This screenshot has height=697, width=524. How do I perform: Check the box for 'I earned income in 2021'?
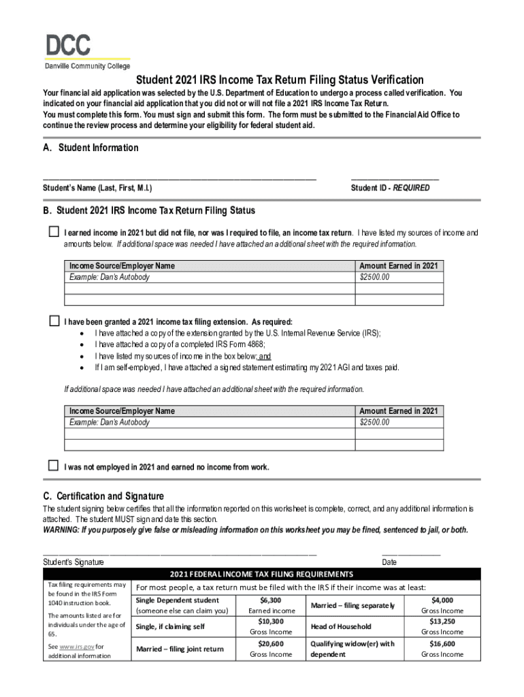click(x=54, y=232)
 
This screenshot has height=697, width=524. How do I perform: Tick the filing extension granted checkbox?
click(x=54, y=321)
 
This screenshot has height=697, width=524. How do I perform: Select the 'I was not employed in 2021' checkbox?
click(x=54, y=466)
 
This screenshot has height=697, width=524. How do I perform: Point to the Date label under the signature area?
click(x=389, y=562)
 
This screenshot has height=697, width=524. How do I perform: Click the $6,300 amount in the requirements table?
click(x=270, y=600)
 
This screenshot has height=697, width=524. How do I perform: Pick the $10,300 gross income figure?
click(x=270, y=621)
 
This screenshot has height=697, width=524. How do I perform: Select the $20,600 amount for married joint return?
click(x=270, y=643)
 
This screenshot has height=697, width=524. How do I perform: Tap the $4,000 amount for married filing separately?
click(x=442, y=600)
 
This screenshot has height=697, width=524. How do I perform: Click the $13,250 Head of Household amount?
click(x=442, y=621)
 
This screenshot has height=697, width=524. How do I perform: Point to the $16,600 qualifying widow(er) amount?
click(x=442, y=643)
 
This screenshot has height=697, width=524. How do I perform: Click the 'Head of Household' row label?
click(x=341, y=626)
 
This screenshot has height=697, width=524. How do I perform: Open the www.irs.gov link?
click(x=76, y=646)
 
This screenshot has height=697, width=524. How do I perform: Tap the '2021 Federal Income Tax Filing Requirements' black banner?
click(x=261, y=574)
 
